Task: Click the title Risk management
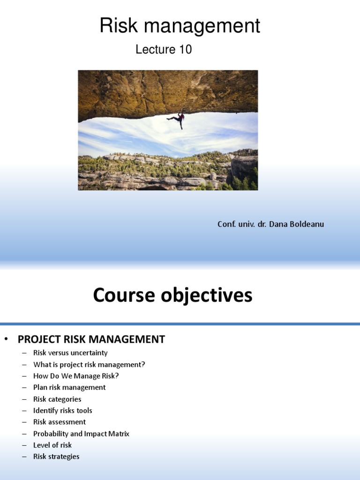(180, 26)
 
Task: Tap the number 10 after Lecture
(185, 50)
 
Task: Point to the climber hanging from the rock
(177, 119)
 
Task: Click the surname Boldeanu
(305, 225)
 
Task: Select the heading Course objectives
(172, 296)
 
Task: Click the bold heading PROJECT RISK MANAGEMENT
(91, 339)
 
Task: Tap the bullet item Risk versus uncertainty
(70, 353)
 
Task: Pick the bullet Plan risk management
(69, 388)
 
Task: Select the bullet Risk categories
(57, 399)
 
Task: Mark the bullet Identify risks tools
(63, 411)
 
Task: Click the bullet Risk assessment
(60, 422)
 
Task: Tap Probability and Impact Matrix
(81, 434)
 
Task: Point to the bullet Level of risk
(52, 445)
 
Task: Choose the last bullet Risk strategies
(56, 457)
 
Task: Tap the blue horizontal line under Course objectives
(180, 323)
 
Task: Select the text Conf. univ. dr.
(242, 225)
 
